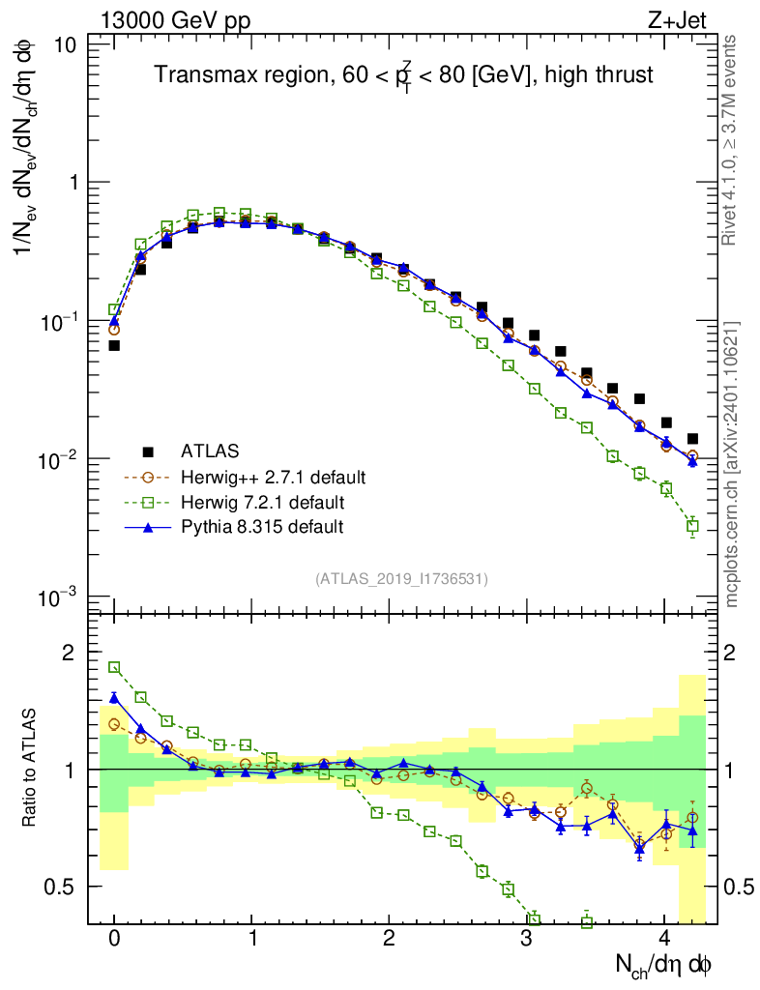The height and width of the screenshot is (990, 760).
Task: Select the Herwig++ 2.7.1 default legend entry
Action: click(x=272, y=477)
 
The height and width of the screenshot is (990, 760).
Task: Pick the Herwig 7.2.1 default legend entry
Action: click(x=263, y=502)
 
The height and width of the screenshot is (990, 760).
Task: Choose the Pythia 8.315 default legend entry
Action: click(x=261, y=527)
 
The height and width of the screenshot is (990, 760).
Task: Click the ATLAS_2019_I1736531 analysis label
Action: click(x=401, y=578)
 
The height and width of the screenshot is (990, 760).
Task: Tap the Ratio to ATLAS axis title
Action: click(x=31, y=768)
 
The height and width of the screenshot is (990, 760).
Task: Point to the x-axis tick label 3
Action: click(x=526, y=939)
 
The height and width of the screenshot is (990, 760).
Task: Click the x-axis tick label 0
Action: click(x=114, y=939)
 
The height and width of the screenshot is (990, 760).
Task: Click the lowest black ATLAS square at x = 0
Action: click(x=114, y=345)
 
